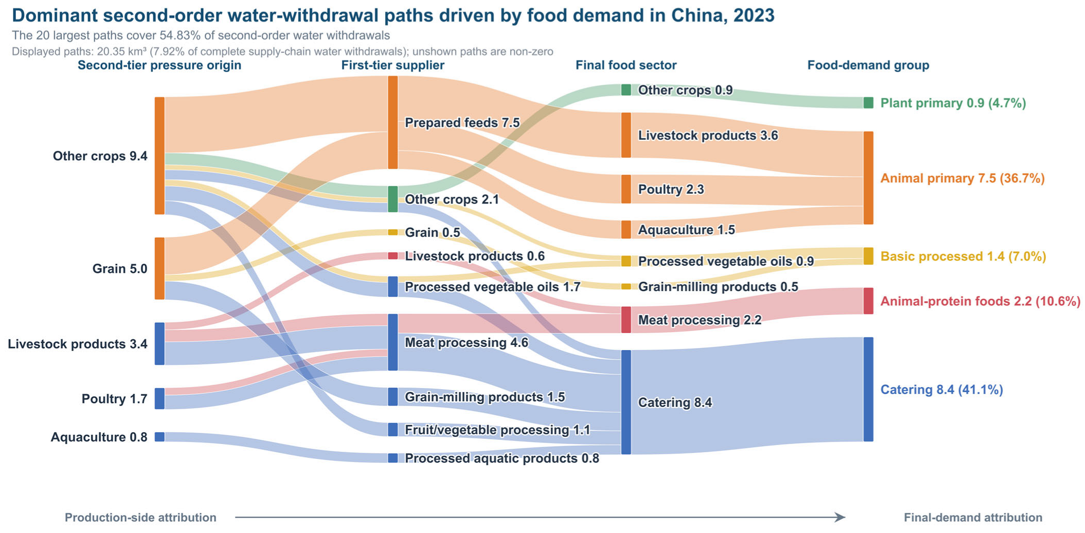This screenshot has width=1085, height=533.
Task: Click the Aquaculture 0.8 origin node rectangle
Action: pyautogui.click(x=159, y=437)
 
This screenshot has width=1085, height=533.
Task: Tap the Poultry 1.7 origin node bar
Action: pyautogui.click(x=159, y=398)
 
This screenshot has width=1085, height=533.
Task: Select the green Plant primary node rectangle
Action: pyautogui.click(x=868, y=103)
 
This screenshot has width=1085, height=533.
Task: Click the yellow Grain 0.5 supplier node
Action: pyautogui.click(x=393, y=232)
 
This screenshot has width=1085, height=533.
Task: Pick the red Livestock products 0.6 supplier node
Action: pyautogui.click(x=393, y=256)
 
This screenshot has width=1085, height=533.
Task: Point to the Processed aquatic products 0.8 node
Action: pyautogui.click(x=393, y=458)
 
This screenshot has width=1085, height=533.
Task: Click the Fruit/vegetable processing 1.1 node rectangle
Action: pyautogui.click(x=393, y=430)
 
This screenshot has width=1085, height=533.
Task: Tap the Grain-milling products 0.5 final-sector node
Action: pyautogui.click(x=626, y=287)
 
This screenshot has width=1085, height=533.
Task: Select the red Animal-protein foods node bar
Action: pyautogui.click(x=868, y=301)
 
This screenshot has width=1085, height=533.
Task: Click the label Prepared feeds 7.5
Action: pyautogui.click(x=462, y=123)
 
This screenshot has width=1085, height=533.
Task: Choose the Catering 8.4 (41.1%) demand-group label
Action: pyautogui.click(x=942, y=390)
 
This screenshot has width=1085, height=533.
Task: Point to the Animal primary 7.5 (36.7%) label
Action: pyautogui.click(x=962, y=178)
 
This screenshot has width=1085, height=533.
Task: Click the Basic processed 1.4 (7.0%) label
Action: pyautogui.click(x=963, y=256)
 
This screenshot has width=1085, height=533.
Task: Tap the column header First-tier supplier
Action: pyautogui.click(x=393, y=65)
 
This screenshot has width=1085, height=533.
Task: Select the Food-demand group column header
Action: pyautogui.click(x=868, y=65)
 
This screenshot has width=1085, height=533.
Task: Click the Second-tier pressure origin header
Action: pyautogui.click(x=159, y=65)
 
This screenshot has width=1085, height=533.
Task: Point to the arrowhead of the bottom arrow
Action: pyautogui.click(x=841, y=517)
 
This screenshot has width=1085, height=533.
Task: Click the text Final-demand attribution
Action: pyautogui.click(x=973, y=518)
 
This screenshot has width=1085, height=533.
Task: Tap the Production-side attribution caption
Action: pyautogui.click(x=140, y=518)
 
